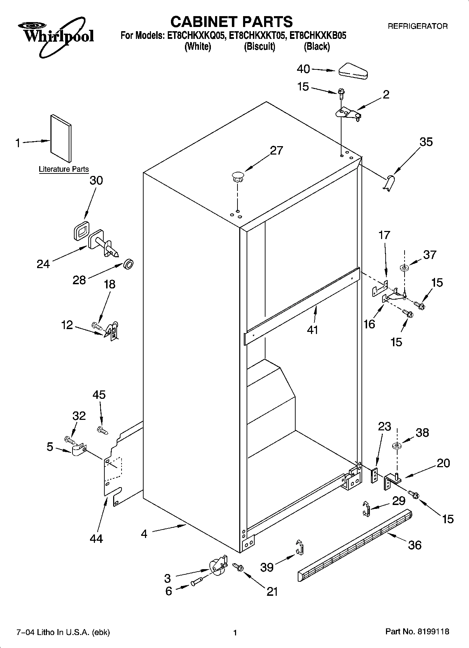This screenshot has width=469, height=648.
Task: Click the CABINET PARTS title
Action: pyautogui.click(x=231, y=22)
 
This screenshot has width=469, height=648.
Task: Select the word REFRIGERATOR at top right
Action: pyautogui.click(x=417, y=26)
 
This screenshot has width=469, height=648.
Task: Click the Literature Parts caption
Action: pyautogui.click(x=64, y=169)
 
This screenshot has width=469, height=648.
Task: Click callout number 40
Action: pyautogui.click(x=303, y=69)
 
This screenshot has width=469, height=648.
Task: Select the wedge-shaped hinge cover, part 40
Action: pyautogui.click(x=352, y=70)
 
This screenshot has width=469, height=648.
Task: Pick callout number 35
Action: pyautogui.click(x=426, y=142)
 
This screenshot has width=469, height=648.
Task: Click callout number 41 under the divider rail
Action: pyautogui.click(x=312, y=329)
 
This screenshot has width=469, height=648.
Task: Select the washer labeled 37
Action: pyautogui.click(x=404, y=268)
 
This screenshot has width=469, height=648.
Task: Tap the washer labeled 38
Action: pyautogui.click(x=397, y=446)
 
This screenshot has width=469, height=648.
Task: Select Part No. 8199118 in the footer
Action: pyautogui.click(x=417, y=632)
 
